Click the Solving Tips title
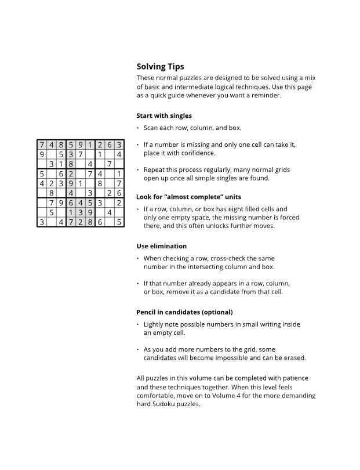(x=160, y=67)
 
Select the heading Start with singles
(x=164, y=115)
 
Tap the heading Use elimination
(x=161, y=246)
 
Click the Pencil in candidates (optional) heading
(x=184, y=312)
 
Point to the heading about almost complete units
(x=188, y=197)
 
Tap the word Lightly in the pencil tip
(x=155, y=324)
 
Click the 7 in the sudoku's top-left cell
(x=42, y=144)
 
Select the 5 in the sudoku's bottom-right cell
(x=119, y=222)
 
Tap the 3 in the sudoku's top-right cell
(x=119, y=144)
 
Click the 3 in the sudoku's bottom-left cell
(x=42, y=222)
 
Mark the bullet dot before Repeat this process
(x=138, y=170)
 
